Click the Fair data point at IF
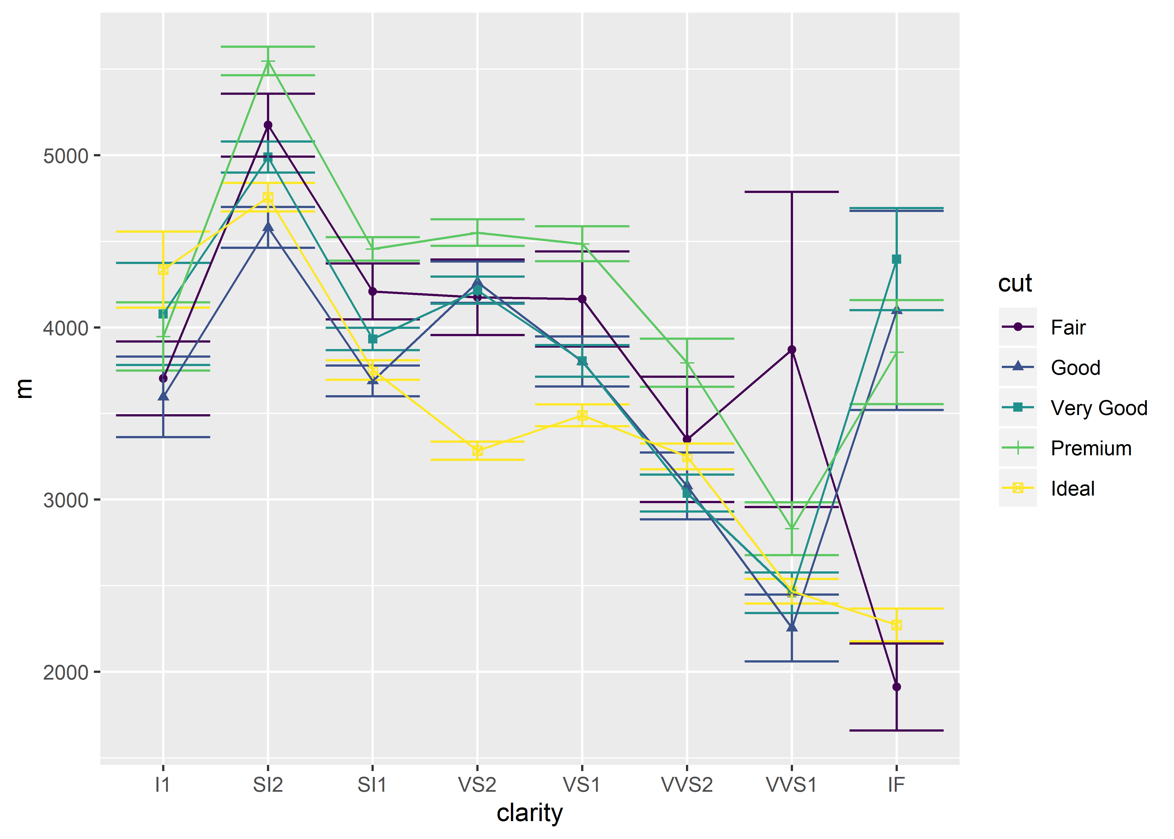click(896, 687)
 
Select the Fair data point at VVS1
click(791, 350)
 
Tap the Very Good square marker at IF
click(896, 259)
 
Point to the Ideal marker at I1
click(163, 270)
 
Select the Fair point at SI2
click(268, 125)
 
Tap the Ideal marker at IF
click(896, 625)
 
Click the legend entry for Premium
click(1090, 448)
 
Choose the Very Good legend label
click(1099, 408)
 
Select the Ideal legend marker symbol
click(1017, 488)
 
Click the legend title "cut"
click(1014, 283)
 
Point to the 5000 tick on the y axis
click(66, 155)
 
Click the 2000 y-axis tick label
click(66, 672)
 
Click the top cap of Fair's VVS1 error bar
click(791, 192)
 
